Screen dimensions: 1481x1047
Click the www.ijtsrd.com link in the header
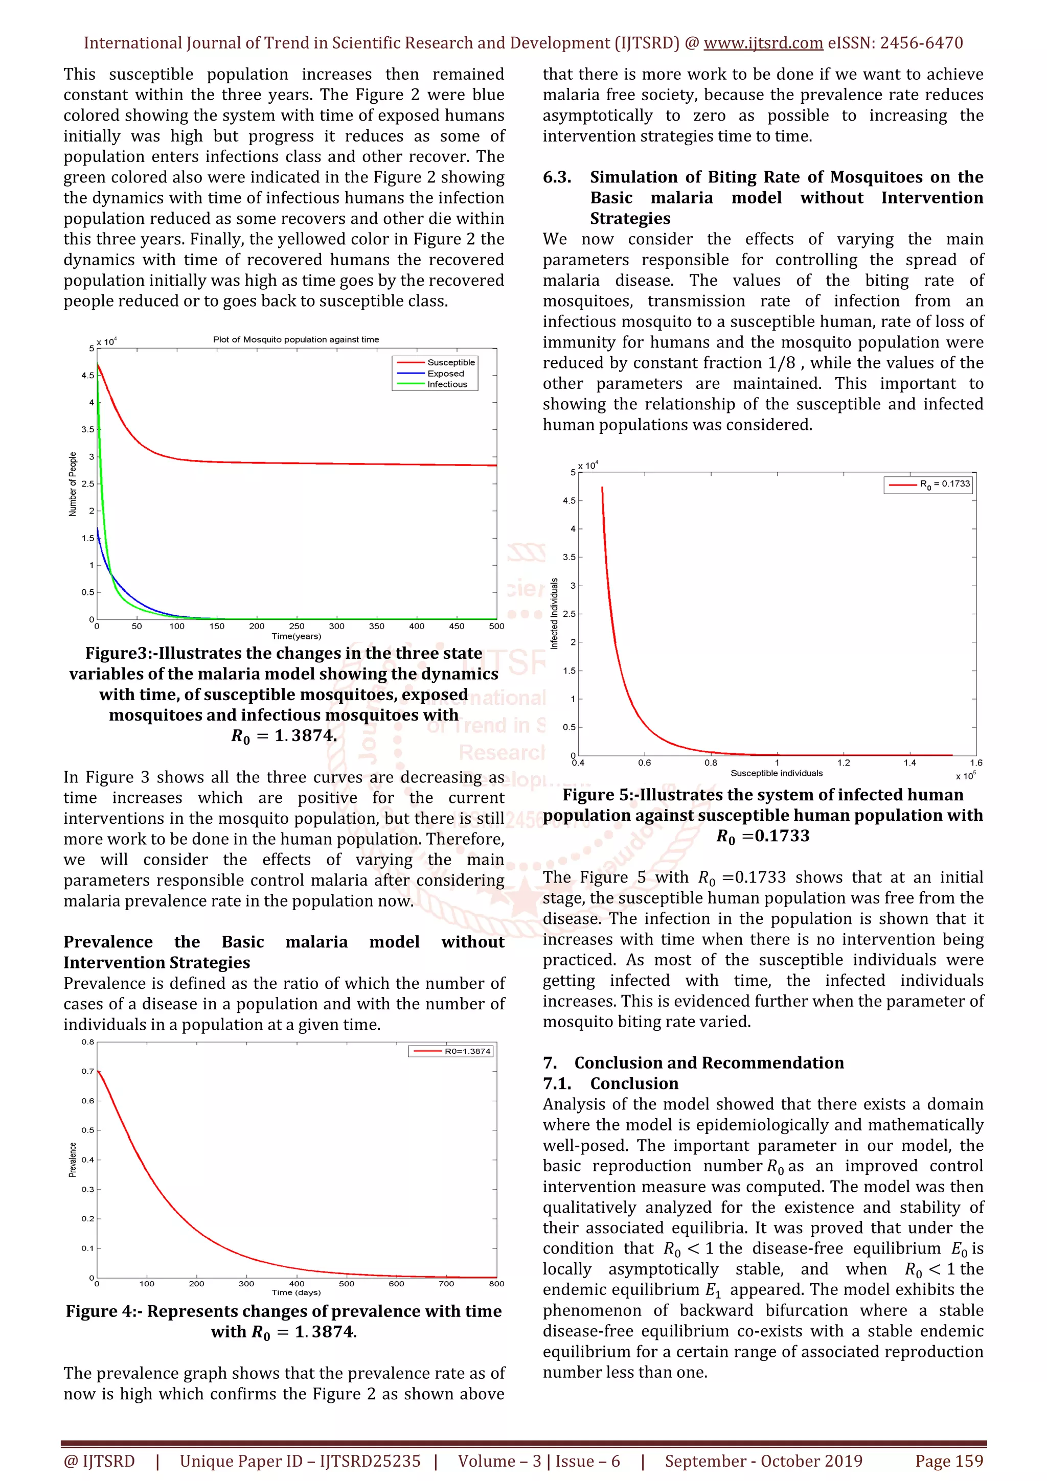point(763,43)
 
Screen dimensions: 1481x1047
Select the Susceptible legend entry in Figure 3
point(450,362)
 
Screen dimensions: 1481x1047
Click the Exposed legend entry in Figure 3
point(445,374)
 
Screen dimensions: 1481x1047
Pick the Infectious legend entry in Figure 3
point(446,384)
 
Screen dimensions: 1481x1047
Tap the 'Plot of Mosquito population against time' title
point(295,339)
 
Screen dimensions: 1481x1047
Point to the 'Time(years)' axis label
point(296,636)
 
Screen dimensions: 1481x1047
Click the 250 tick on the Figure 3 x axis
point(297,626)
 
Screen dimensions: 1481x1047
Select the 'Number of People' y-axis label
point(73,484)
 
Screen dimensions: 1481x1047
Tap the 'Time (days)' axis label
point(296,1292)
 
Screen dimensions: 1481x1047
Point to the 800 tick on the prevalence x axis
point(496,1284)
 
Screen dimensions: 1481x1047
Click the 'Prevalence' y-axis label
point(73,1160)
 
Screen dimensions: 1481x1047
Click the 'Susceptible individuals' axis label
point(776,773)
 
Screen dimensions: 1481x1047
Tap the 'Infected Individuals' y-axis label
point(554,613)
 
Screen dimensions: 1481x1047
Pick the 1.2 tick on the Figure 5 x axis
point(843,762)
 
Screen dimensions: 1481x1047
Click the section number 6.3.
point(557,177)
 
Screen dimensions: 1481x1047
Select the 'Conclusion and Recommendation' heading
point(709,1062)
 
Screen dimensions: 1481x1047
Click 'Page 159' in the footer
point(948,1461)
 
